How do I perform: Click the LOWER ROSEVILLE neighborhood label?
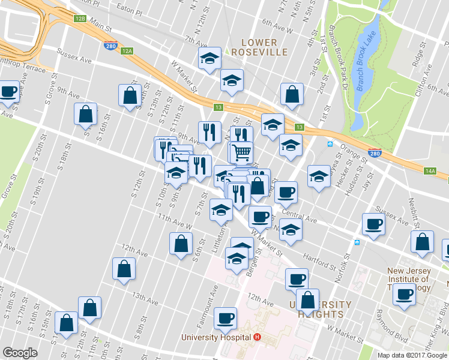[259, 47]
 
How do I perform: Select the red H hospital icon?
[257, 337]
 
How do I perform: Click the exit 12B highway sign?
[80, 19]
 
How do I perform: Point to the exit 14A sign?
[430, 171]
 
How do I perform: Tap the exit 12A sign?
[127, 51]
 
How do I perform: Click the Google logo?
[20, 353]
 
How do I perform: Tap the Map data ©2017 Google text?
[412, 355]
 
